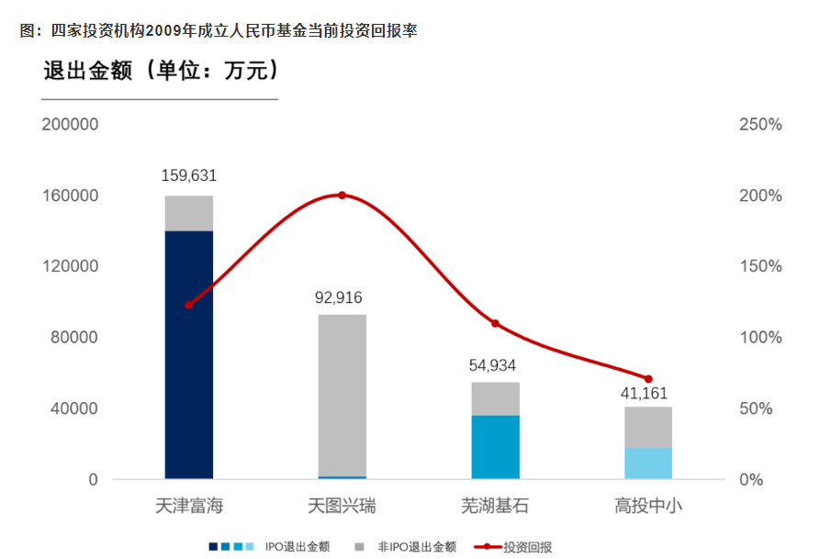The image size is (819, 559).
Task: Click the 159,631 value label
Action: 189,175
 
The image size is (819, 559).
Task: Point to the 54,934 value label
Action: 495,365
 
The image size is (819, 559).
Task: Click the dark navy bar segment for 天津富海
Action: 189,353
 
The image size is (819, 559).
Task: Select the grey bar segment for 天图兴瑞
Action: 342,395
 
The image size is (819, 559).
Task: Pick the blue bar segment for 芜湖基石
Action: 495,447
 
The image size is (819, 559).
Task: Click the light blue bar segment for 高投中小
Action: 648,464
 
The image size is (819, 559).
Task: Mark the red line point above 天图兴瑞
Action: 342,196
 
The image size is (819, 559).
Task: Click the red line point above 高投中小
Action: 648,379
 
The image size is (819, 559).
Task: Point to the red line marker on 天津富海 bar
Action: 189,305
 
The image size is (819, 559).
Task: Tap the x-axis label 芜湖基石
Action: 495,506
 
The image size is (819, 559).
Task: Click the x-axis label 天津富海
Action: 189,506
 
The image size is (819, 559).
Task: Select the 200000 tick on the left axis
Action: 71,125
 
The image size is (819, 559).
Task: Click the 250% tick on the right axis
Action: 760,125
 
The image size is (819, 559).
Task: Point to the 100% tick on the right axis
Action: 760,338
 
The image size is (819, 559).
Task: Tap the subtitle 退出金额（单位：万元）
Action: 162,72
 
